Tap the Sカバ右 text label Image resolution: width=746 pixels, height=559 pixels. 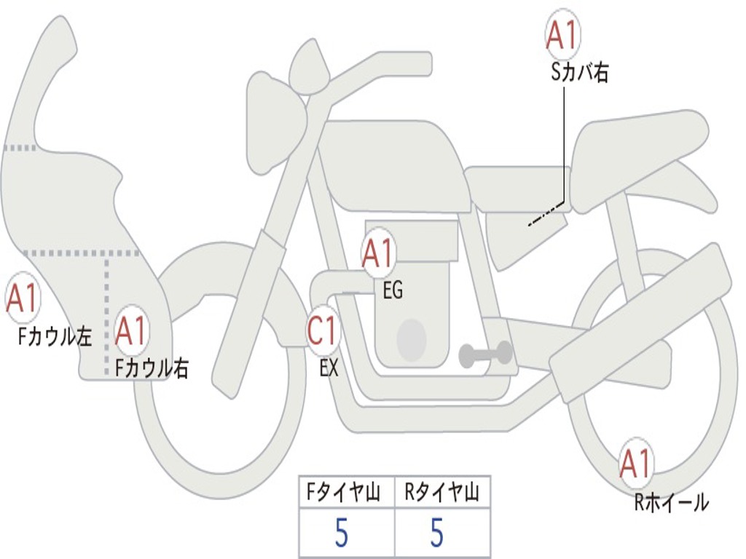[580, 73]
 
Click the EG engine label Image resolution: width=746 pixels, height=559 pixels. [393, 291]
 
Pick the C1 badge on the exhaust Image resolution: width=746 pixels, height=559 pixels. [323, 331]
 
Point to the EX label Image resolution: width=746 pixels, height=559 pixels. [329, 368]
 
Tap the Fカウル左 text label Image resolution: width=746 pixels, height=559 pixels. [55, 336]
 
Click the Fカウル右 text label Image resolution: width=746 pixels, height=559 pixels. [152, 368]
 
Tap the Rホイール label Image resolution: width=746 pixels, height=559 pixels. [671, 502]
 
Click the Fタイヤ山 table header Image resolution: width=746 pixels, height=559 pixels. [346, 493]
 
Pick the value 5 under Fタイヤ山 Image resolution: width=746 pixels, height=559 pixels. [342, 534]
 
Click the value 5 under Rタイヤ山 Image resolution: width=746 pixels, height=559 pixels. [436, 534]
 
